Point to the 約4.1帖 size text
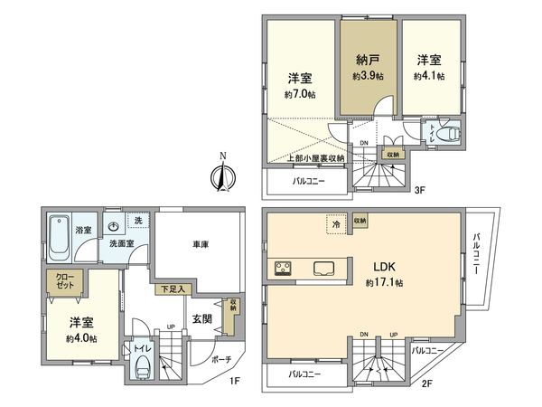click(x=428, y=77)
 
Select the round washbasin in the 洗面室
click(x=114, y=228)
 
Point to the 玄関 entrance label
click(x=201, y=318)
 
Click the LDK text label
click(x=377, y=267)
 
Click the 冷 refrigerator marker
click(x=334, y=222)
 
